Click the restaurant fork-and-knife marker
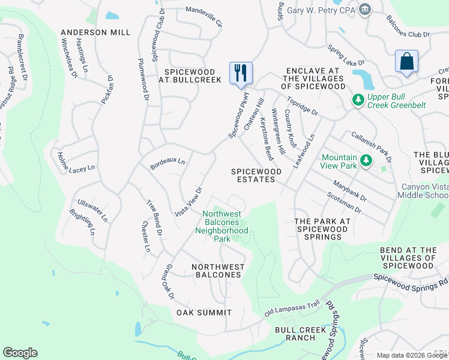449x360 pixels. pos(241,73)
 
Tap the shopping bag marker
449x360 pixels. pos(406,61)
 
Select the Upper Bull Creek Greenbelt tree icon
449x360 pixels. pos(358,98)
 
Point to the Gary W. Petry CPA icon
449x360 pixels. pos(364,9)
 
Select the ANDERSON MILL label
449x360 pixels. pos(95,32)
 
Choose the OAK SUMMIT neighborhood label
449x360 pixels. pos(204,313)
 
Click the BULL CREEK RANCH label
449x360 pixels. pos(295,334)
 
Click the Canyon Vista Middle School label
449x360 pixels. pos(424,191)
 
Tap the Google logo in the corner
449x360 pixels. pos(20,353)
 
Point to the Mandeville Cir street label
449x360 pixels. pos(204,17)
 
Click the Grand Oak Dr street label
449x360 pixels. pos(169,282)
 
